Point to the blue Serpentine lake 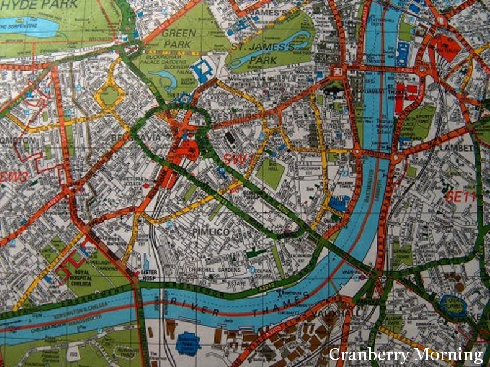click(28, 26)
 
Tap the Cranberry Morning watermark click(406, 354)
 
